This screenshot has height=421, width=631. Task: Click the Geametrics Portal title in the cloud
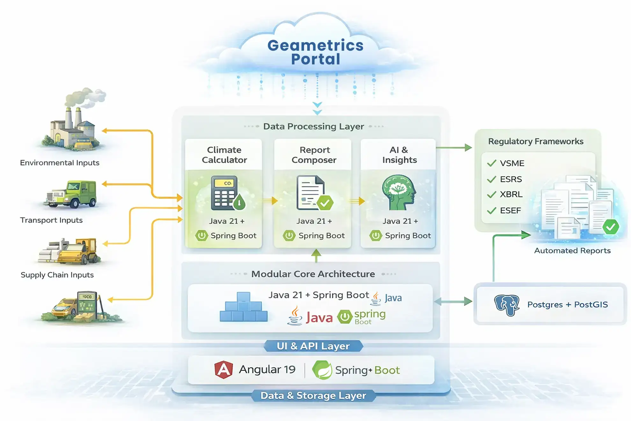point(315,52)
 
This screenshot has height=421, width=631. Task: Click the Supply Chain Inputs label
point(57,275)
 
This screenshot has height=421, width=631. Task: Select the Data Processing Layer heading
point(314,127)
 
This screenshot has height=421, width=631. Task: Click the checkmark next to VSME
point(492,163)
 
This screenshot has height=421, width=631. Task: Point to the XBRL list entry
point(511,194)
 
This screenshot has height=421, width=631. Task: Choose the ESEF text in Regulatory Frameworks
point(510,211)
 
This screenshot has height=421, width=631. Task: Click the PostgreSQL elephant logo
point(507,305)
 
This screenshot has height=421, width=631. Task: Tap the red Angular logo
point(223,370)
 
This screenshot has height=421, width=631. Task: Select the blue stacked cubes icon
point(244,307)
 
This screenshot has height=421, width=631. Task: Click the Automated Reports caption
point(572,251)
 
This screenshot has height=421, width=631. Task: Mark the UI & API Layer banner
point(313,346)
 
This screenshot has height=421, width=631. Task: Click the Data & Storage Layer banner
point(313,396)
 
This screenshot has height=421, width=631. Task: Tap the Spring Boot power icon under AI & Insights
point(376,236)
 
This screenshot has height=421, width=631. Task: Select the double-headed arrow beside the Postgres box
point(453,301)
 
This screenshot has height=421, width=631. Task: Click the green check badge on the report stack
point(611,227)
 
